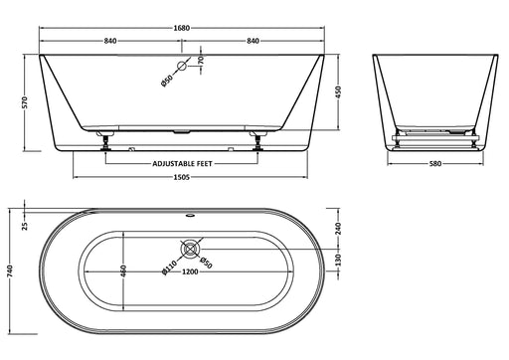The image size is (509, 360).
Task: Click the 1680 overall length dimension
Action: pos(182,28)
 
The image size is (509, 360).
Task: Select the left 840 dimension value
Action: pos(110,41)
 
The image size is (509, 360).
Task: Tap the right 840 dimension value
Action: pos(253,41)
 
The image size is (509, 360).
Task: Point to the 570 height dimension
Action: pos(26,102)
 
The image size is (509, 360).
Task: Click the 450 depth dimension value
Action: pos(338,91)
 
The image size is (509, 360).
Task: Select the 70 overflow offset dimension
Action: pos(201,60)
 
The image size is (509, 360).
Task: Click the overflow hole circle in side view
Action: pos(182,66)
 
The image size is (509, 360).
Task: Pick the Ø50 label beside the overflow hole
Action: pos(167,81)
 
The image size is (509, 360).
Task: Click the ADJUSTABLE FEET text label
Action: pos(182,163)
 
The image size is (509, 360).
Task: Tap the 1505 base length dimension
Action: pos(182,177)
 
